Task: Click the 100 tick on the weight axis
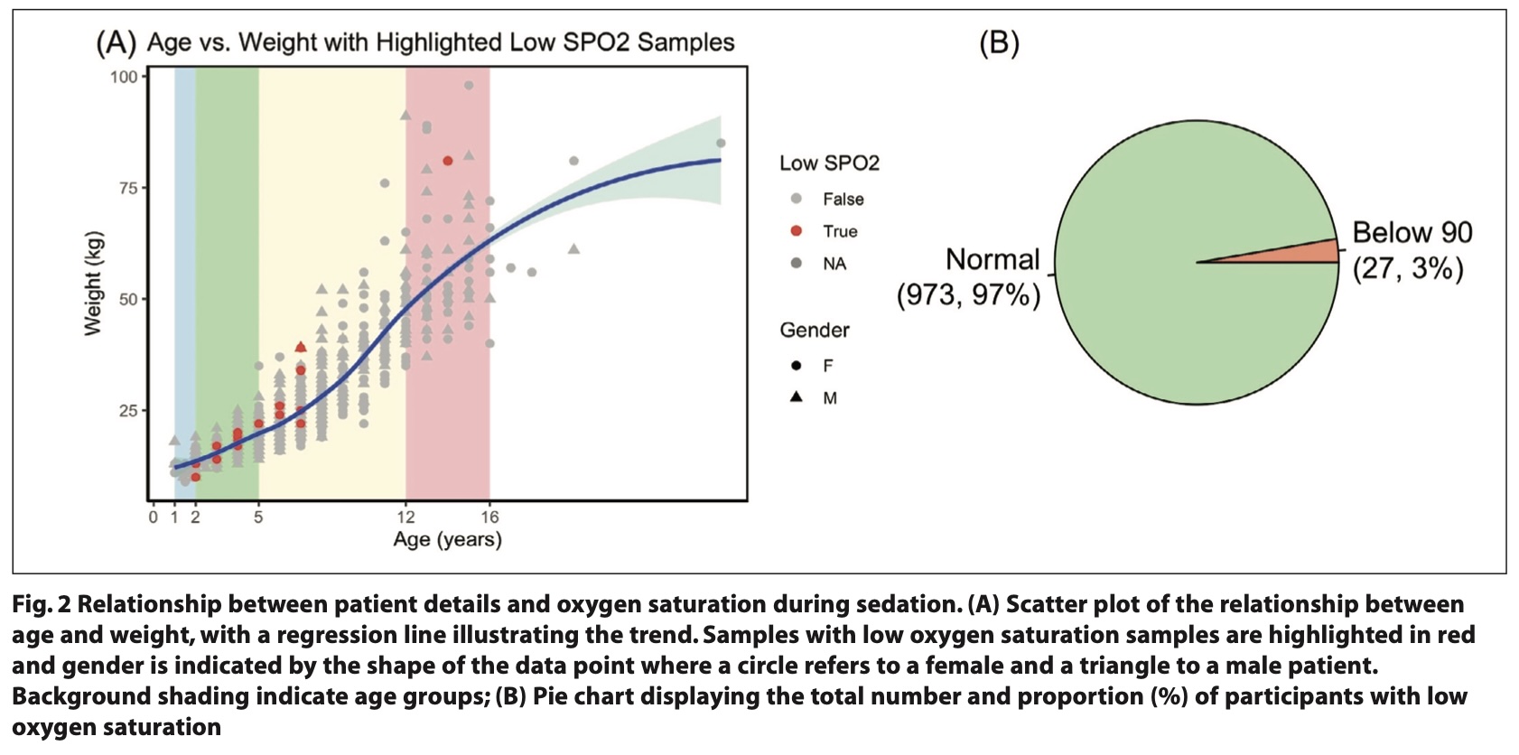click(x=124, y=77)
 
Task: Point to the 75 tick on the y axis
click(x=127, y=188)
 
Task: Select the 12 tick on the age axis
click(x=405, y=517)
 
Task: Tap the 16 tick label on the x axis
click(x=489, y=517)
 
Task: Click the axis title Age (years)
click(x=447, y=540)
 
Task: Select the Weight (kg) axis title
click(x=93, y=284)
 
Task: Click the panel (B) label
click(x=999, y=43)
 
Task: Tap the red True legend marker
click(x=797, y=231)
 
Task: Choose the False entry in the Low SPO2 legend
click(x=843, y=200)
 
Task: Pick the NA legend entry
click(x=834, y=264)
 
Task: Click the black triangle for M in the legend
click(x=797, y=397)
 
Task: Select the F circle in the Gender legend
click(x=797, y=366)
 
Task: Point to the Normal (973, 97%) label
click(x=968, y=277)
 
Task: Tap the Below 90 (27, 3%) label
click(x=1412, y=250)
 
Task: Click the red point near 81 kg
click(x=448, y=161)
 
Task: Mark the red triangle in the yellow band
click(x=301, y=347)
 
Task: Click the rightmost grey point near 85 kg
click(x=721, y=143)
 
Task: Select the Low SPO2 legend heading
click(x=829, y=163)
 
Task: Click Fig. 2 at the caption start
click(x=42, y=604)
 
